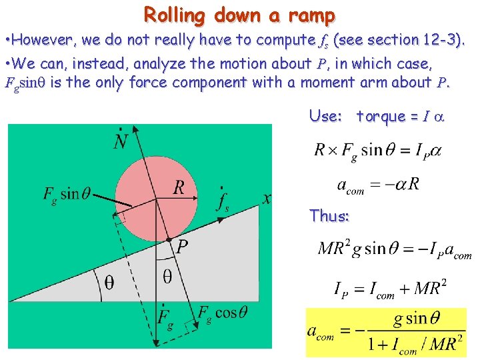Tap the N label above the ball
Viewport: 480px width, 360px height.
coord(122,140)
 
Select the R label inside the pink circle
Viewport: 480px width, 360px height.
coord(179,188)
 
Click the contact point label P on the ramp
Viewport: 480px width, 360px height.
coord(181,247)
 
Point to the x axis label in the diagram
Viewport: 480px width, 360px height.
coord(267,198)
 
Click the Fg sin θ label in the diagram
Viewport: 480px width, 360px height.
coord(70,194)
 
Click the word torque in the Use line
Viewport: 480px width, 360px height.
coord(381,116)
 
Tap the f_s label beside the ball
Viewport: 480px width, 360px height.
coord(223,201)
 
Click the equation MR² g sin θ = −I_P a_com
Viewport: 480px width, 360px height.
coord(395,249)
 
